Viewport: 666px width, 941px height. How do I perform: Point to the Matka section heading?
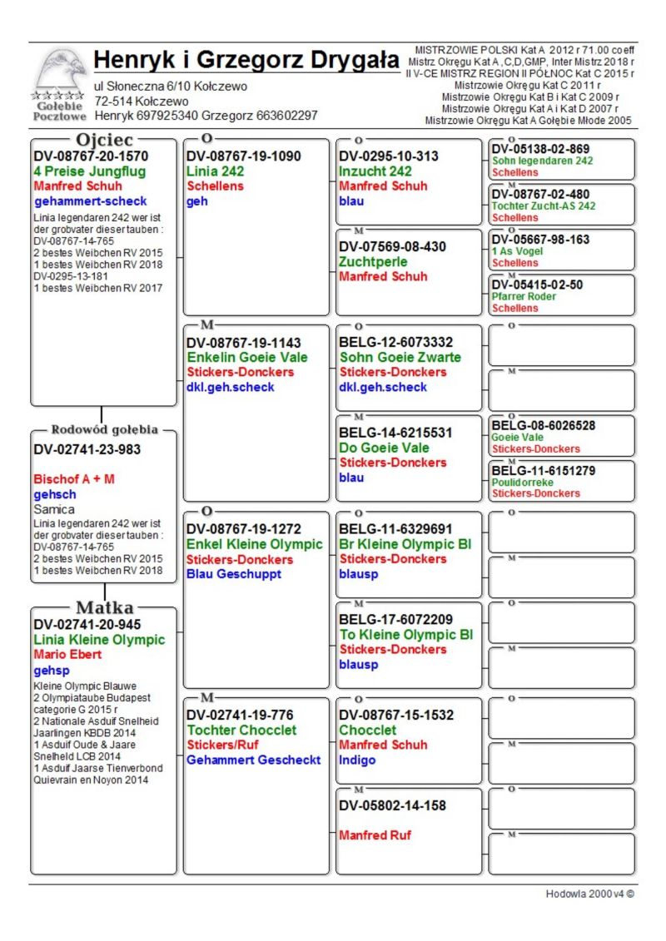pos(104,607)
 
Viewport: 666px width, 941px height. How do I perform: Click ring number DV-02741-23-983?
pos(87,449)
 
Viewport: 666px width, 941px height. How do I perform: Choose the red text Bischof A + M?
pos(74,479)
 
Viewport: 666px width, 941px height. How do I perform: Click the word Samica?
pos(54,509)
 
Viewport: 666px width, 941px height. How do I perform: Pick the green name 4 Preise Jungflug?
pos(89,171)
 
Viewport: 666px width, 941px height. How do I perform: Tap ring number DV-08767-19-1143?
pos(243,342)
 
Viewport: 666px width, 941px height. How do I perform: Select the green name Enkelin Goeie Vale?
pos(246,357)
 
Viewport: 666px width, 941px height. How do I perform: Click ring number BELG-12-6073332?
pos(395,342)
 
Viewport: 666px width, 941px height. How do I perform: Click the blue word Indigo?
pos(357,760)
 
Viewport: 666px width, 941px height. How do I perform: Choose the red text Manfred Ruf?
pos(375,835)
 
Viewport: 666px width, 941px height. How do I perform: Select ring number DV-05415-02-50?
pos(537,285)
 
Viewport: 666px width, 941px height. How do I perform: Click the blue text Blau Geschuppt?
pos(234,574)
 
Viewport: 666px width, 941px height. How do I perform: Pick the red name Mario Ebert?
pos(67,655)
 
